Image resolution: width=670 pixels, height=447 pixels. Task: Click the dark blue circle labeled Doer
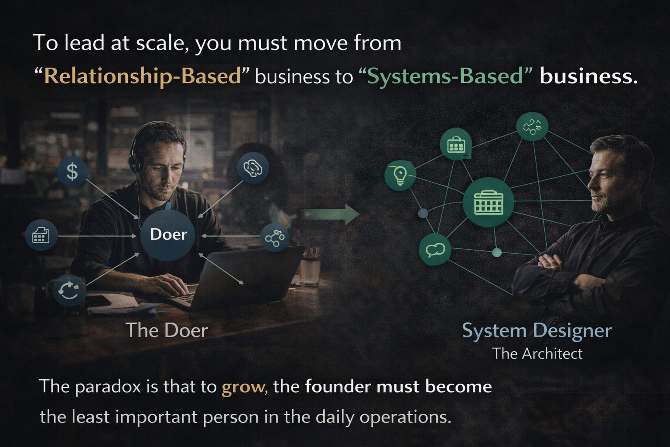pos(168,235)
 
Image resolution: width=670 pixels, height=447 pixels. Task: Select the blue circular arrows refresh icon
pos(69,290)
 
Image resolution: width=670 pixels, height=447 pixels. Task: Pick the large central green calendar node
pos(489,202)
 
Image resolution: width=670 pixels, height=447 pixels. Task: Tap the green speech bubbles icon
pos(435,250)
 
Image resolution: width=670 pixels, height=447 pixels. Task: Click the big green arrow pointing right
pos(331,214)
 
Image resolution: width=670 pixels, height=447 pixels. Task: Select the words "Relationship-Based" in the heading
pos(143,76)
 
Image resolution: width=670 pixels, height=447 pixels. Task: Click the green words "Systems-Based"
pos(445,76)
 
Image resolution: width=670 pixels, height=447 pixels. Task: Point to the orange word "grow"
pos(243,388)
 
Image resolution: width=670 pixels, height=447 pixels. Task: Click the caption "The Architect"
pos(537,354)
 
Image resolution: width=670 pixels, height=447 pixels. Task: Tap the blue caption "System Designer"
pos(537,331)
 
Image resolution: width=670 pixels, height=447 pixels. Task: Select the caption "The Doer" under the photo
pos(167,330)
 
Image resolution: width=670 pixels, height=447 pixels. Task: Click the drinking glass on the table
pos(310,269)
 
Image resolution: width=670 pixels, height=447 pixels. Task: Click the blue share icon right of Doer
pos(274,237)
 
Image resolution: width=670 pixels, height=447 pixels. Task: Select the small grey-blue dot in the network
pos(423,213)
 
